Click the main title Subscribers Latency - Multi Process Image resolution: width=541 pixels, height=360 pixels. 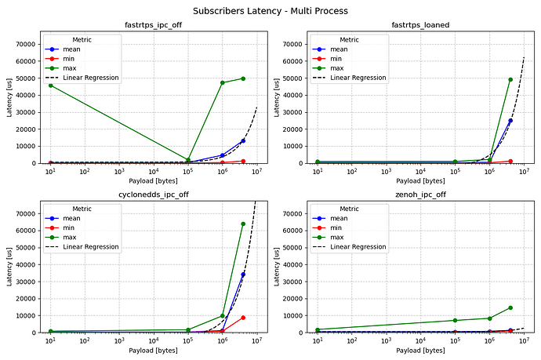click(x=270, y=10)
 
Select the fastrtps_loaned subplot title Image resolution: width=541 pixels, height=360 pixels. click(x=420, y=25)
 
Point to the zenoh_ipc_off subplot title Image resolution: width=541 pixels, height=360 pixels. click(x=420, y=195)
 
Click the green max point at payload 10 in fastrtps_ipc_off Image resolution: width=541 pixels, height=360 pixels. click(x=50, y=85)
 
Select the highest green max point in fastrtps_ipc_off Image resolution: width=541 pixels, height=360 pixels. click(x=243, y=78)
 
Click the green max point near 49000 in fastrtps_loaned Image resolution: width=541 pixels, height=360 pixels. click(x=510, y=79)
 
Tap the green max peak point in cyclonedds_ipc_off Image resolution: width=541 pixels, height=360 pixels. click(x=243, y=224)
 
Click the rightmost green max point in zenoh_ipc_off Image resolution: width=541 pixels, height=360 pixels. click(x=510, y=307)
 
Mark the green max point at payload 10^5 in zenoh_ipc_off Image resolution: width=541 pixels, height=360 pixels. click(x=455, y=320)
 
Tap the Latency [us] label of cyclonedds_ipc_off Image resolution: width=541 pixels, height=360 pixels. click(x=9, y=267)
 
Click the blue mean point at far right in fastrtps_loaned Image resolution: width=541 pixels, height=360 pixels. click(x=510, y=121)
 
